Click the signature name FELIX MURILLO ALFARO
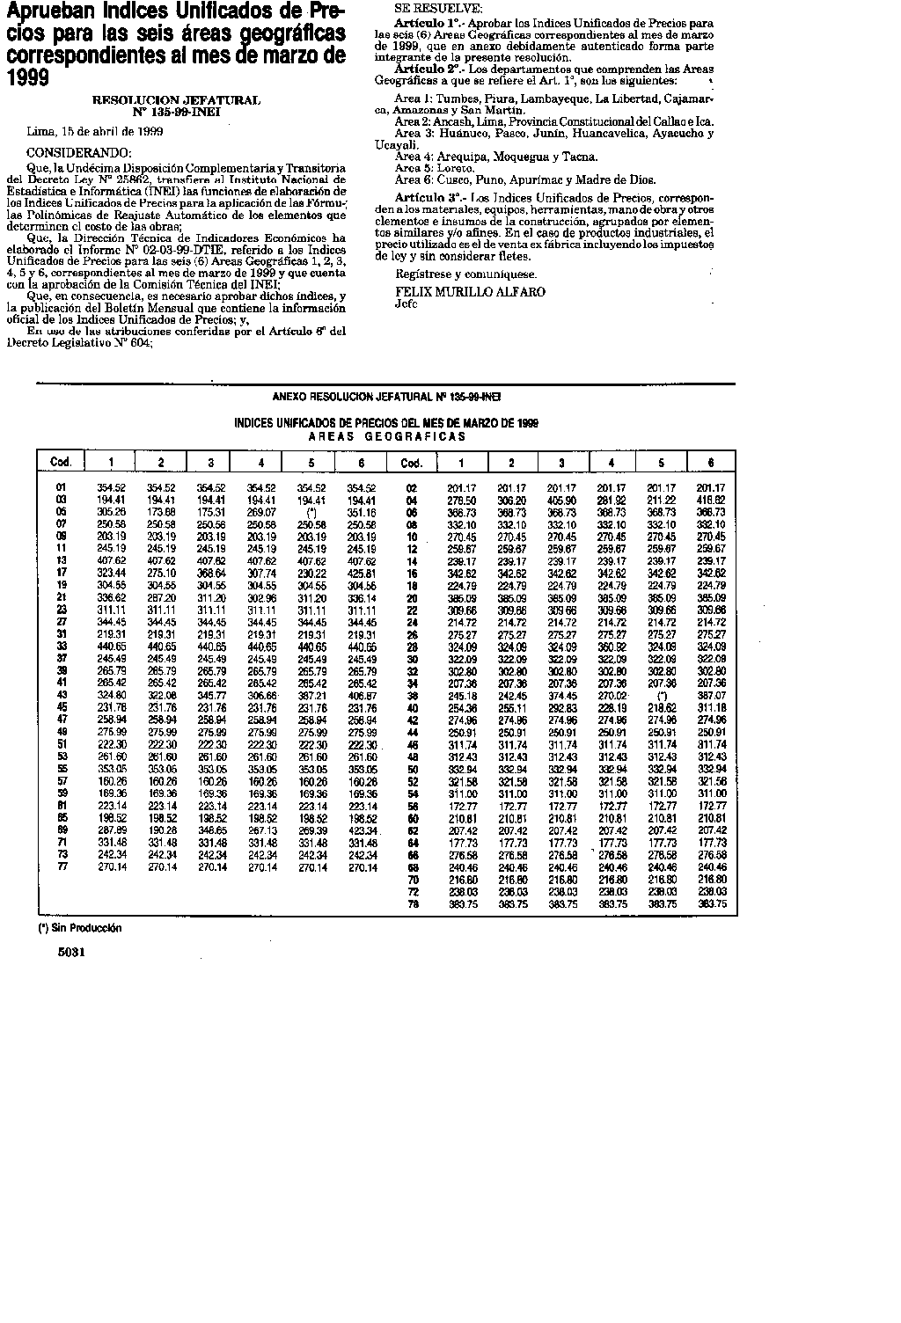pos(470,291)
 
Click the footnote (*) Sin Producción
pos(79,928)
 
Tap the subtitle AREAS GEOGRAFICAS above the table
pos(386,436)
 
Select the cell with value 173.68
pos(161,511)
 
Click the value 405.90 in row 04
pos(562,499)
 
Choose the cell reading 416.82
pos(711,499)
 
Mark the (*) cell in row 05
pos(309,511)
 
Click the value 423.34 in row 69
pos(360,830)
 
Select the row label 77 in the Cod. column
pos(61,866)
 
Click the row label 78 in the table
pos(411,903)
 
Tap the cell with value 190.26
pos(161,830)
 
